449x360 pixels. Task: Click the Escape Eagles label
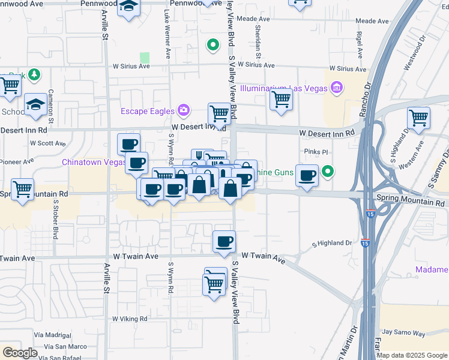[147, 110]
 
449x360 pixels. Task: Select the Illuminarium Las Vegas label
[283, 88]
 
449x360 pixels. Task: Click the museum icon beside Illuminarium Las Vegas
[336, 88]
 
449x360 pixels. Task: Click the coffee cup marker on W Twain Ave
[224, 242]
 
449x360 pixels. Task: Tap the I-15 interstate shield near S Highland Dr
[365, 243]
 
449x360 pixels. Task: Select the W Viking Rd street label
[130, 319]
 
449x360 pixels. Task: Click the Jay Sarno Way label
[403, 332]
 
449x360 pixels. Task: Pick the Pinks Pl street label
[316, 152]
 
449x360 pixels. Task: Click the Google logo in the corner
[20, 353]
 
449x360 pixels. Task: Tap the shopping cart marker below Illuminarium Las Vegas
[281, 99]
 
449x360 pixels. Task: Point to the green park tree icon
[35, 74]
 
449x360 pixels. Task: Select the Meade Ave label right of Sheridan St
[372, 21]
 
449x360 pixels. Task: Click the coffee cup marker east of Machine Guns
[307, 176]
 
